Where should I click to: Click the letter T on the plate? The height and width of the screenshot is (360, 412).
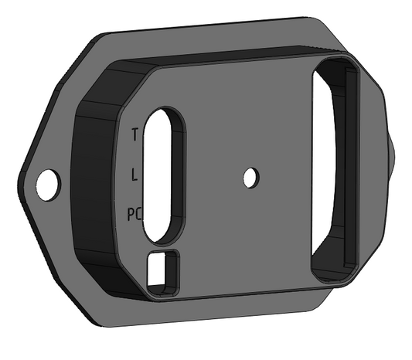(x=135, y=134)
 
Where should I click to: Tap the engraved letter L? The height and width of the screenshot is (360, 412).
(x=135, y=175)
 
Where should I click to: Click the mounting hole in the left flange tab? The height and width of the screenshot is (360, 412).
(x=46, y=184)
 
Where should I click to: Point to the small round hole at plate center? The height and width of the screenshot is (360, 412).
(x=250, y=178)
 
